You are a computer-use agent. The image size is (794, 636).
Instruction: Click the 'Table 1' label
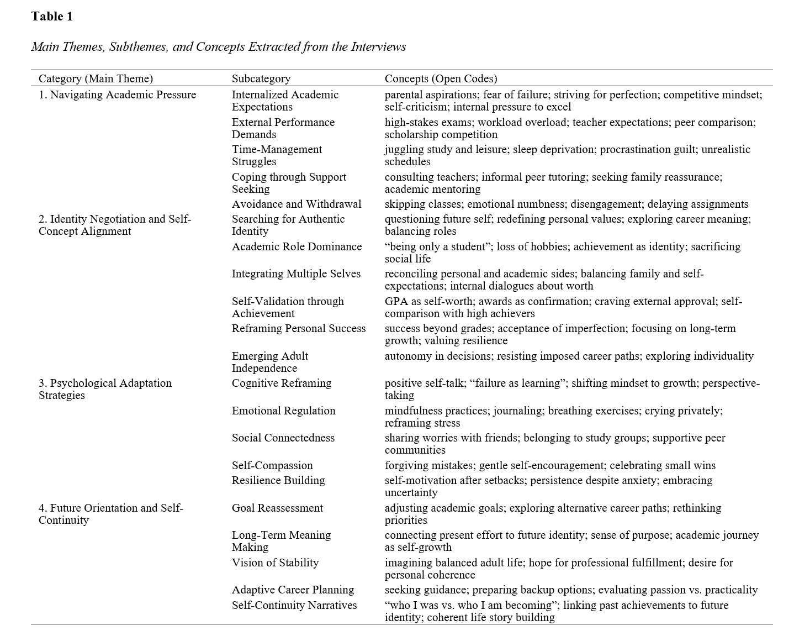pyautogui.click(x=52, y=17)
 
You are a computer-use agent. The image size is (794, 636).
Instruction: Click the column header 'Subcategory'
pyautogui.click(x=261, y=78)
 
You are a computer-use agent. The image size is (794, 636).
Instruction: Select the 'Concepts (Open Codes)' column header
pyautogui.click(x=441, y=78)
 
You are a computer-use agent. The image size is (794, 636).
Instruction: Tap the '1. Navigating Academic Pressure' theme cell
pyautogui.click(x=117, y=94)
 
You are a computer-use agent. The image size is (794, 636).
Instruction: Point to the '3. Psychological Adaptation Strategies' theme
pyautogui.click(x=105, y=389)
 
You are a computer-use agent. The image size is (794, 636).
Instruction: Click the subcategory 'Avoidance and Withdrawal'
pyautogui.click(x=297, y=204)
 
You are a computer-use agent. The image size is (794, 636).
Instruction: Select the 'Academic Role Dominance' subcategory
pyautogui.click(x=297, y=246)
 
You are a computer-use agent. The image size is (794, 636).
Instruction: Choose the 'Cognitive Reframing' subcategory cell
pyautogui.click(x=282, y=383)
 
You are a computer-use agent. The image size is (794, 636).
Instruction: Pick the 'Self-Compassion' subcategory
pyautogui.click(x=272, y=465)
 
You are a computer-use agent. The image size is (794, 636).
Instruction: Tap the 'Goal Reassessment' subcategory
pyautogui.click(x=277, y=508)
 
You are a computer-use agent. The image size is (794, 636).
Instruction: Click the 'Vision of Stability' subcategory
pyautogui.click(x=275, y=563)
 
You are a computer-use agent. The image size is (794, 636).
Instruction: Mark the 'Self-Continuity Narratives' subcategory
pyautogui.click(x=294, y=605)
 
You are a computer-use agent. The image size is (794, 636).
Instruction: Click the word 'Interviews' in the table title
pyautogui.click(x=378, y=46)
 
